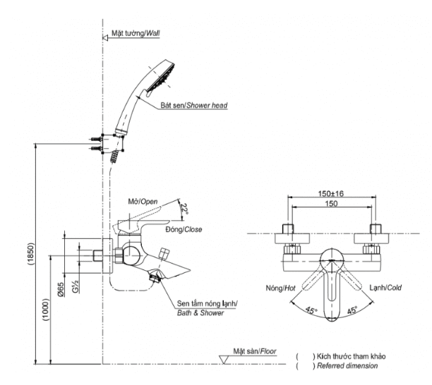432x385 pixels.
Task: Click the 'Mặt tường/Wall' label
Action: [x=136, y=33]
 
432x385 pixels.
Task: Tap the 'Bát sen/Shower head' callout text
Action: [x=194, y=105]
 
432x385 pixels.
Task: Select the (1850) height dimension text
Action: [x=30, y=254]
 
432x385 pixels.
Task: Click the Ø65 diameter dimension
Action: [x=61, y=290]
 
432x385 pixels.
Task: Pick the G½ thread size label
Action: [x=76, y=286]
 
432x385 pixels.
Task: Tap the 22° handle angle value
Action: [x=185, y=209]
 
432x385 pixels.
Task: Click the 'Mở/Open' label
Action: [x=143, y=202]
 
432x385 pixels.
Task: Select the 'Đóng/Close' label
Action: [x=184, y=229]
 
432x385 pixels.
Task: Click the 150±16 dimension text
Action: [x=331, y=194]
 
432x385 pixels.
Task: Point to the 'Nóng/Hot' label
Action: [x=280, y=288]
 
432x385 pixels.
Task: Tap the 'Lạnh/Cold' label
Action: [x=385, y=288]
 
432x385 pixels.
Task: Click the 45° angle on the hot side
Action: [x=311, y=311]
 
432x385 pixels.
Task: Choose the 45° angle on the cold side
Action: [x=352, y=310]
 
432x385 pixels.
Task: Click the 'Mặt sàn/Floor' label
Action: [x=255, y=351]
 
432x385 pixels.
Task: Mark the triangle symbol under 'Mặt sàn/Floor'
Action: [x=224, y=360]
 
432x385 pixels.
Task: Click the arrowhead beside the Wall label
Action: [x=104, y=37]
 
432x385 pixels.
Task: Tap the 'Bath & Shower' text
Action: [x=200, y=313]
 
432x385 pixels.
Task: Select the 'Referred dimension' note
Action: [x=347, y=366]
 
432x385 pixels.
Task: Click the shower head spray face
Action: [x=160, y=78]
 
